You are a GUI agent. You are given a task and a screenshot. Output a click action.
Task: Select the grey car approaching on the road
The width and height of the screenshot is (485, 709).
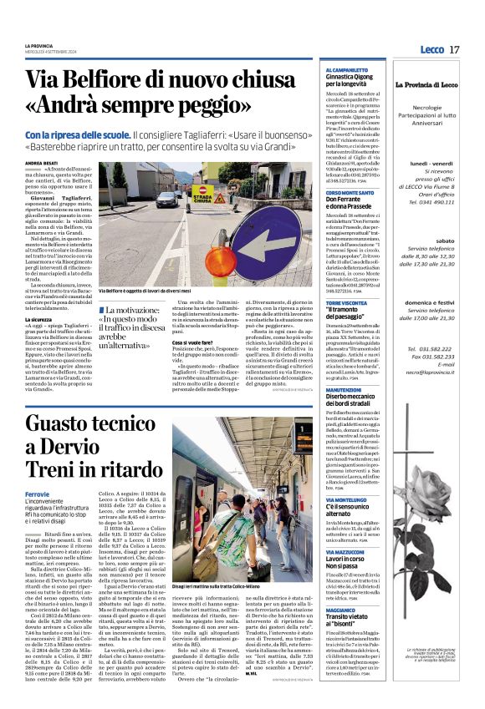click(x=167, y=199)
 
